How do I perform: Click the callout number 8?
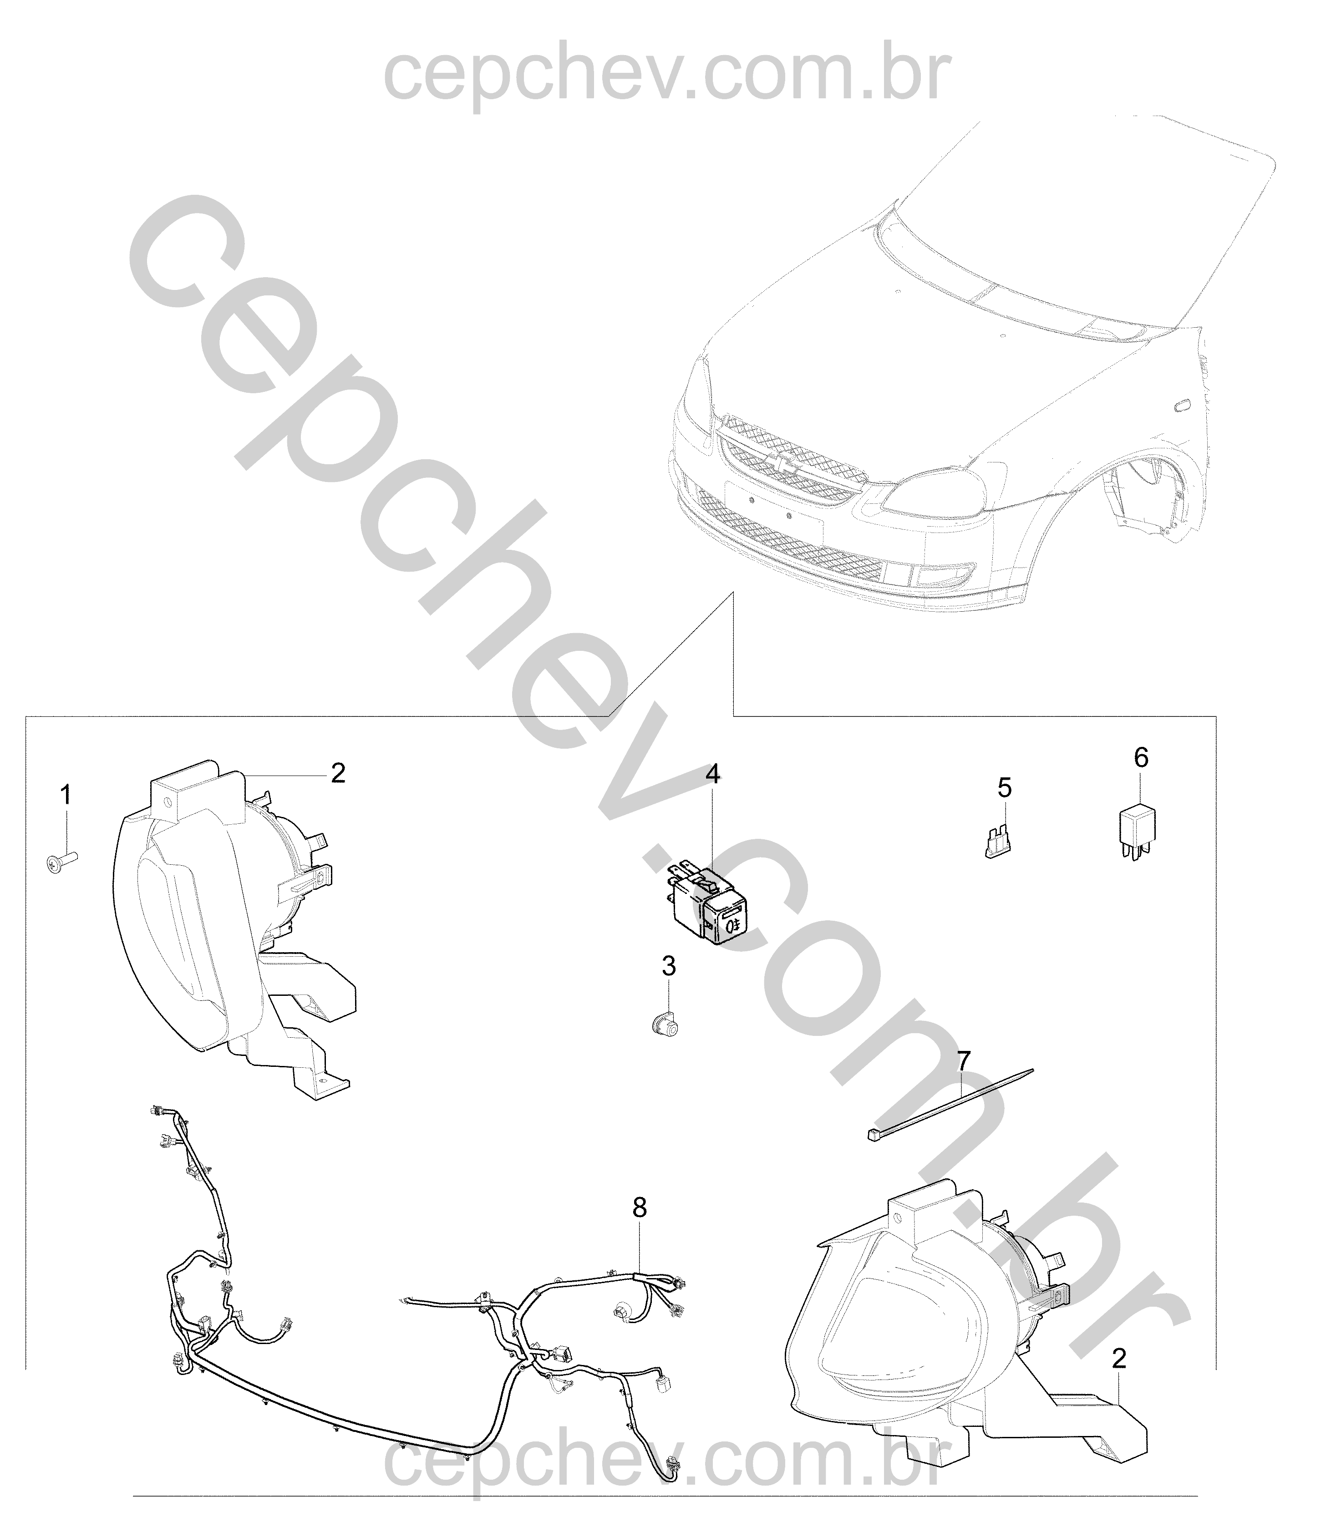click(640, 1208)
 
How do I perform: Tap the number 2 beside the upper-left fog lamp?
click(338, 773)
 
